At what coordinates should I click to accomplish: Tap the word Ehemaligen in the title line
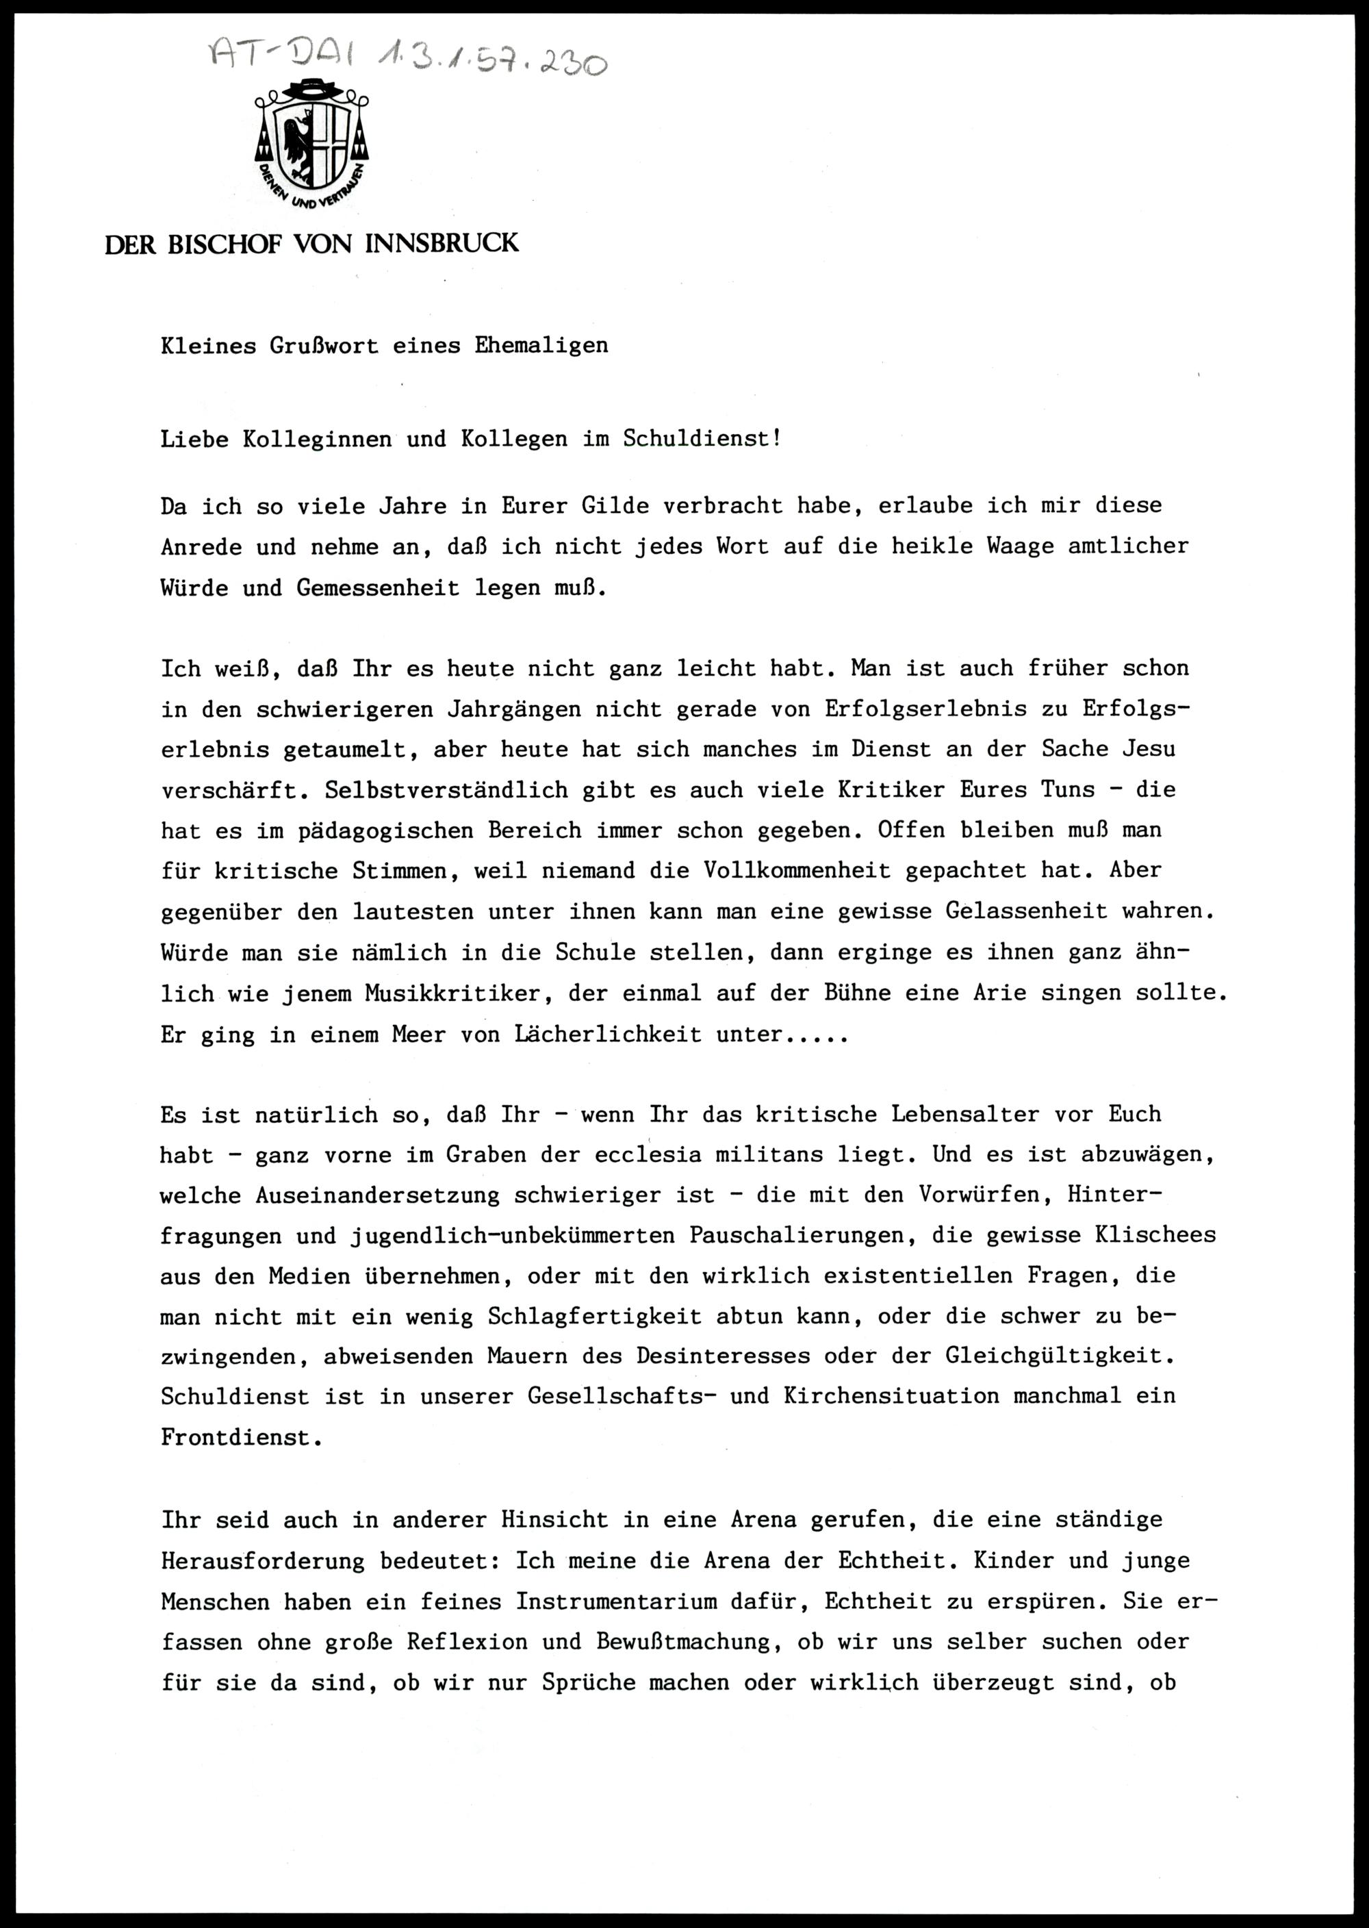541,346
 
